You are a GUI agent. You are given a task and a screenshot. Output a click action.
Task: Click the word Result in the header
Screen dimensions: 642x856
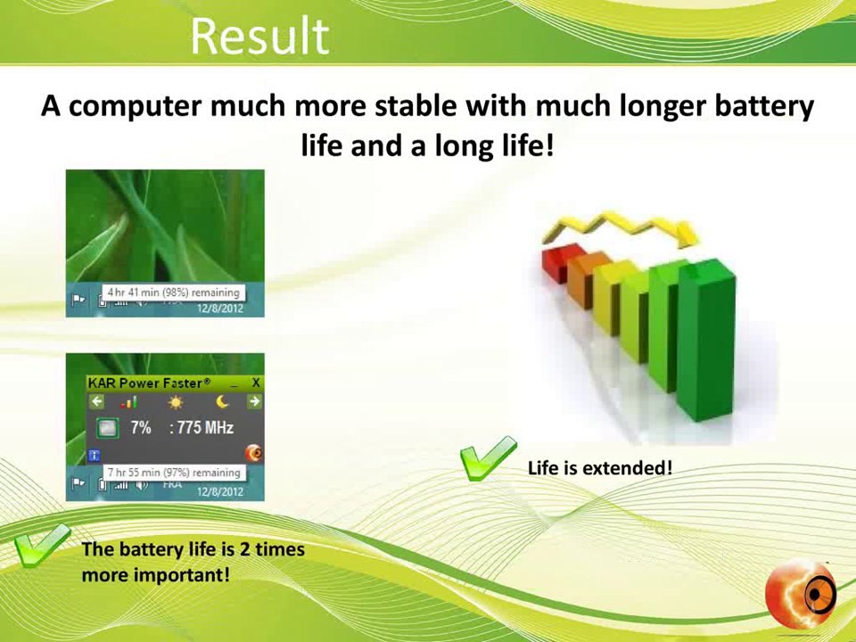pyautogui.click(x=259, y=37)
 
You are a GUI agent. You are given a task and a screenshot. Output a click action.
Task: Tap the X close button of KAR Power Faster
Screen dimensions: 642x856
pyautogui.click(x=255, y=383)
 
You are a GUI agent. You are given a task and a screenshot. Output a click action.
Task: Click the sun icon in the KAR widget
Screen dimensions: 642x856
pyautogui.click(x=175, y=402)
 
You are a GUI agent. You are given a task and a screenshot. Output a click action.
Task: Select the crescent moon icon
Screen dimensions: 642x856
pyautogui.click(x=221, y=402)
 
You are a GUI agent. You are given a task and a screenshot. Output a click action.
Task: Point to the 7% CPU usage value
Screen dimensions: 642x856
pyautogui.click(x=141, y=428)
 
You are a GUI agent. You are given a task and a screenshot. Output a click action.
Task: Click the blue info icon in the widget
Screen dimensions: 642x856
pyautogui.click(x=95, y=455)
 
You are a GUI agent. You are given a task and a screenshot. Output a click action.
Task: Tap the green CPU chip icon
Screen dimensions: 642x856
pyautogui.click(x=107, y=429)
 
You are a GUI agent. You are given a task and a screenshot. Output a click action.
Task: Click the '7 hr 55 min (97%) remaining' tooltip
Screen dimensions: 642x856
pyautogui.click(x=173, y=473)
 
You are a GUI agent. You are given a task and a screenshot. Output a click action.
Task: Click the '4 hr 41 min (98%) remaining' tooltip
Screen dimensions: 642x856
pyautogui.click(x=173, y=292)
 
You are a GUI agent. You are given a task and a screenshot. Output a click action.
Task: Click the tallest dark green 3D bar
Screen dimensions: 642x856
pyautogui.click(x=707, y=339)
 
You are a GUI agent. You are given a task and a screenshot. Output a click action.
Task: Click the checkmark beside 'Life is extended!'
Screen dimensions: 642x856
pyautogui.click(x=487, y=459)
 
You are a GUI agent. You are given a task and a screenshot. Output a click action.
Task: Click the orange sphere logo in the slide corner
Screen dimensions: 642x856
pyautogui.click(x=800, y=593)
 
